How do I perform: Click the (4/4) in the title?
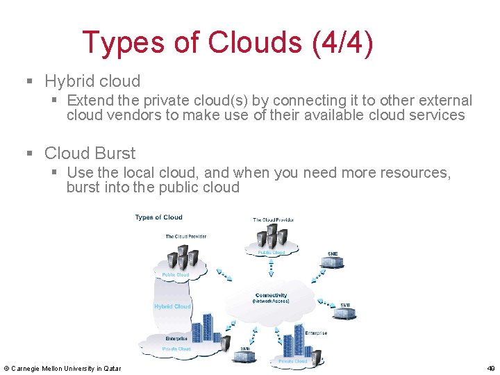(343, 43)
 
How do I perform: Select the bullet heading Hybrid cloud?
(92, 81)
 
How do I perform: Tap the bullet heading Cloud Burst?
(90, 153)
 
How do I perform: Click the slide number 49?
(491, 368)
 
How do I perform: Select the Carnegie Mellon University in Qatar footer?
(62, 368)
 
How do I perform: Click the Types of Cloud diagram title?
(159, 217)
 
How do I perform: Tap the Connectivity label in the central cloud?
(271, 295)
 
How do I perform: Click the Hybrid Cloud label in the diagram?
(172, 306)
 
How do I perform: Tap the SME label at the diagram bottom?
(245, 349)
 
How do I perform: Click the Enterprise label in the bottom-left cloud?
(176, 338)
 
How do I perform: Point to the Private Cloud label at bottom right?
(292, 361)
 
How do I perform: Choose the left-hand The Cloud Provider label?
(185, 236)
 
